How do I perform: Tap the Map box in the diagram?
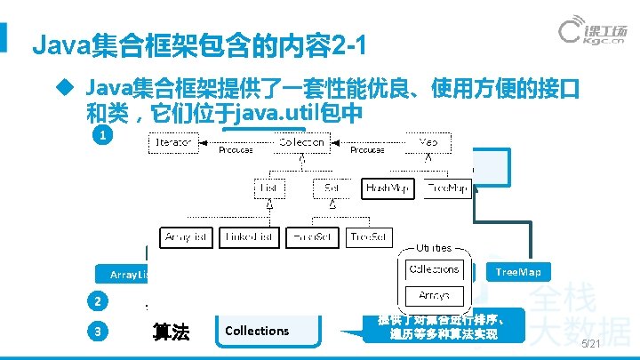click(428, 141)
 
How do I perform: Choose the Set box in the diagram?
click(328, 188)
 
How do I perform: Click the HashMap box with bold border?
click(388, 188)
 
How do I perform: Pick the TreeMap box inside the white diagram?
click(446, 188)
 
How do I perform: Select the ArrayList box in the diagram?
click(187, 237)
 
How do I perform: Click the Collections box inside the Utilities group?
click(434, 268)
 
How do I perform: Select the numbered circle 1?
click(104, 136)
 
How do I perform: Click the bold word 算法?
click(172, 332)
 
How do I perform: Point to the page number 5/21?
click(591, 344)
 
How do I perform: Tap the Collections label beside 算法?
click(257, 331)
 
